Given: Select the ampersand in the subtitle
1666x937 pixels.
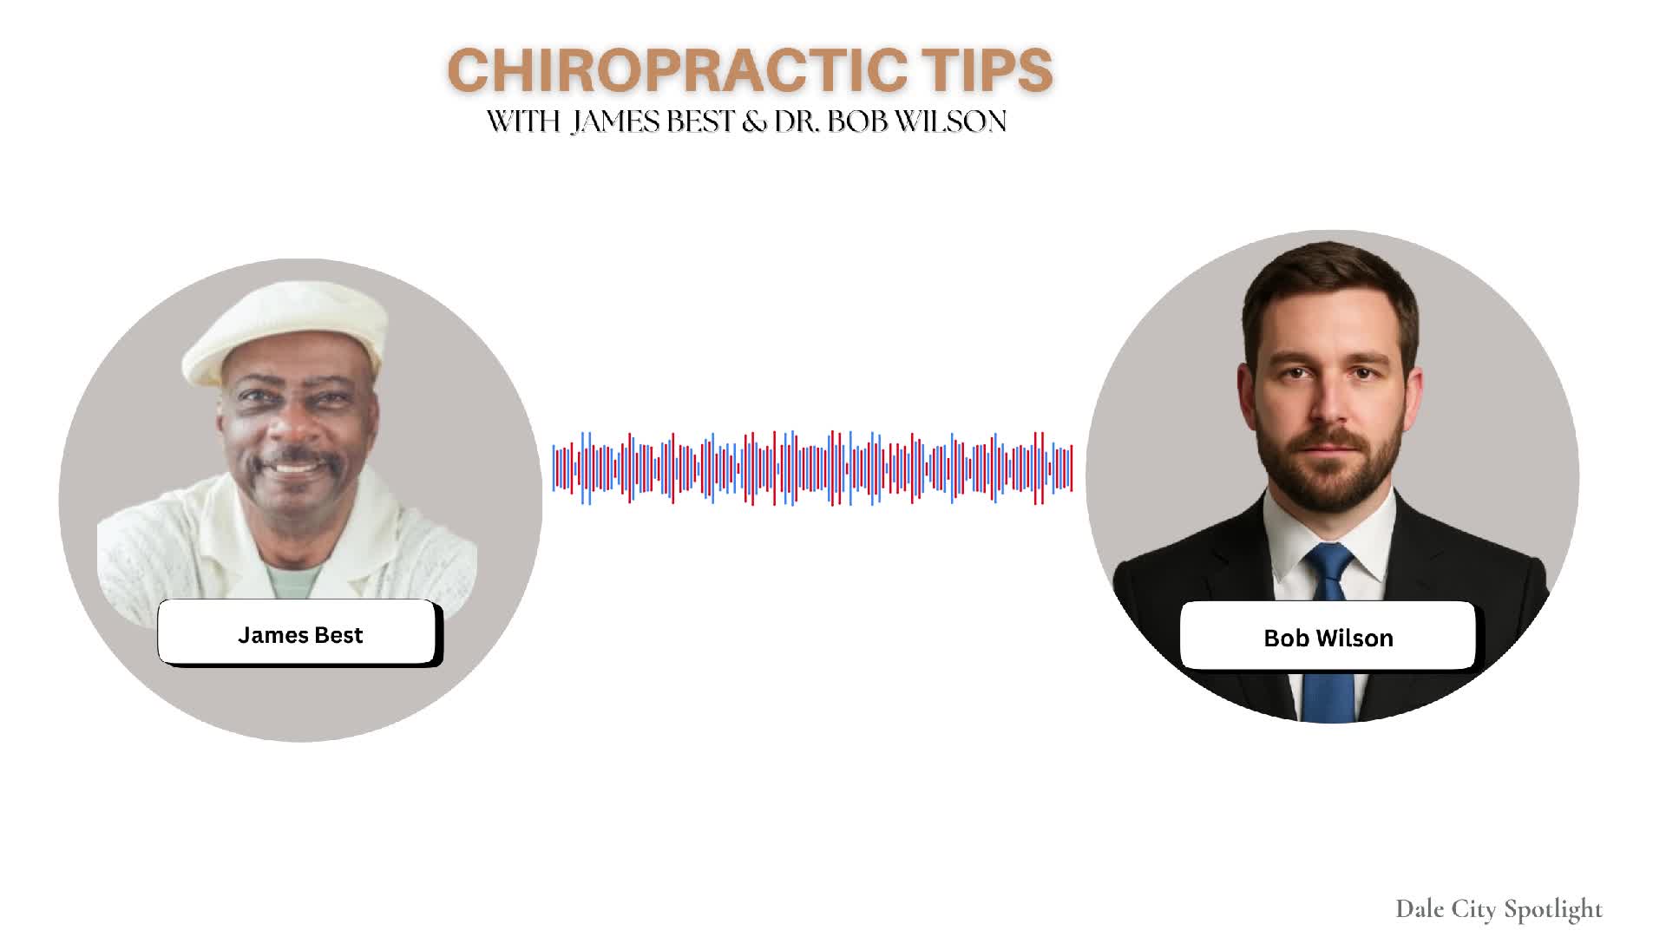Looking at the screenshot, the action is click(754, 121).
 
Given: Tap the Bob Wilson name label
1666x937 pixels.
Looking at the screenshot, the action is click(1328, 637).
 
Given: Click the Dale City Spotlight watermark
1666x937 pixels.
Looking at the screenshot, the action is click(1499, 909).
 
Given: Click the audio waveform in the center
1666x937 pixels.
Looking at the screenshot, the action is click(813, 468).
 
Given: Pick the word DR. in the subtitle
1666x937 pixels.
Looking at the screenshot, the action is click(797, 121).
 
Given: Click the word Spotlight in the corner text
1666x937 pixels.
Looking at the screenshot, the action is click(1553, 910).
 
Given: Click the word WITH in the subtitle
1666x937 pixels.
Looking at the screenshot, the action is click(523, 121).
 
